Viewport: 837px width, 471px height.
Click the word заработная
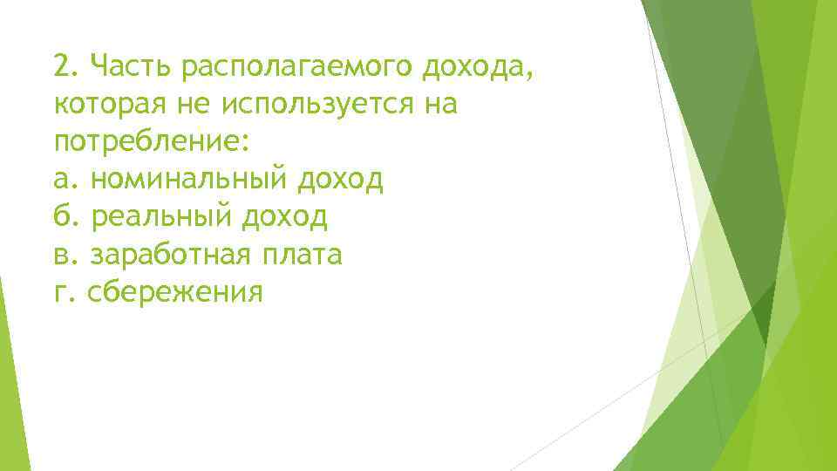[x=171, y=256]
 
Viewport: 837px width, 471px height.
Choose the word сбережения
[x=175, y=293]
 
